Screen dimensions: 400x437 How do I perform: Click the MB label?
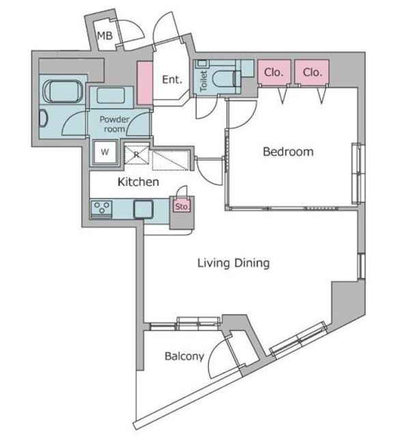(104, 36)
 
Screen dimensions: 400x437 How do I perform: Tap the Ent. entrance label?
(172, 80)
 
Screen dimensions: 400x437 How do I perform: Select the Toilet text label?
(203, 81)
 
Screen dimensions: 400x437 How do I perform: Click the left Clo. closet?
(274, 72)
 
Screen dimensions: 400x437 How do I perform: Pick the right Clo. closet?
(312, 72)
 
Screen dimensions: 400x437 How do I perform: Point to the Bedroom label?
(288, 152)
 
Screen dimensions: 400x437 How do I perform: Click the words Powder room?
(114, 124)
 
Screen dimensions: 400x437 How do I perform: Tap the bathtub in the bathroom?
(63, 91)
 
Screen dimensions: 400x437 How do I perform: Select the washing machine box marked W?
(105, 152)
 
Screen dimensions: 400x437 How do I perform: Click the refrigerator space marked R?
(137, 154)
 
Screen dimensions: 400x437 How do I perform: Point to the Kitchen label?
(138, 182)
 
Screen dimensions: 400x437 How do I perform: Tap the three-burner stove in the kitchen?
(102, 208)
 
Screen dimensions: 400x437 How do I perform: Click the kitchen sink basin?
(143, 209)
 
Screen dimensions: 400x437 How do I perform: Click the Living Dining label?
(233, 263)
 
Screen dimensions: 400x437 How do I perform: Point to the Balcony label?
(184, 356)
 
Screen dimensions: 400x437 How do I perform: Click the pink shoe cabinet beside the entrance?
(145, 83)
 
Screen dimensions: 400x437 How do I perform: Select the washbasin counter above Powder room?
(111, 97)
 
